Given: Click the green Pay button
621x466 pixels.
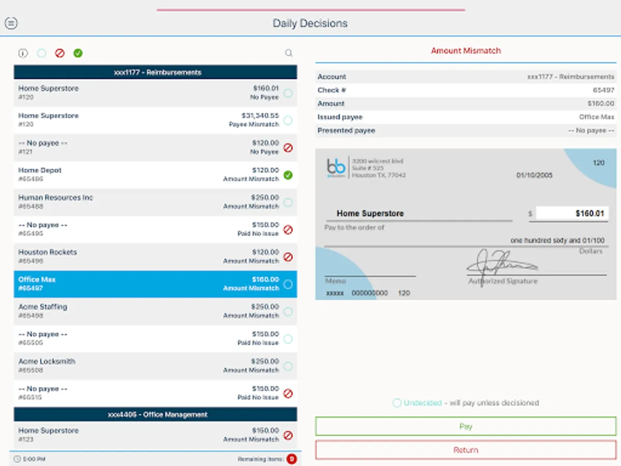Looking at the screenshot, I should pyautogui.click(x=465, y=427).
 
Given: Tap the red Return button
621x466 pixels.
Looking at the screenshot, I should pyautogui.click(x=465, y=450).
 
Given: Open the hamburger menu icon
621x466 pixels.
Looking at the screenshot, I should pyautogui.click(x=11, y=23).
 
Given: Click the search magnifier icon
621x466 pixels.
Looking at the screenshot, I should pyautogui.click(x=289, y=53).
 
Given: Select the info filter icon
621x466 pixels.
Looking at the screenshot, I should pyautogui.click(x=23, y=53).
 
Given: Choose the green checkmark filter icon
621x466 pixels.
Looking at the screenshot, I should pyautogui.click(x=78, y=53).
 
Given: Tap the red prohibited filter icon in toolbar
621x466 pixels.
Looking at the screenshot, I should pyautogui.click(x=60, y=53).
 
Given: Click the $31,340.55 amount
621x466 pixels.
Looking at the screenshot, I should pyautogui.click(x=260, y=115).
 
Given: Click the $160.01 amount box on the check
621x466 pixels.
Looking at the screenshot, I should pyautogui.click(x=572, y=213).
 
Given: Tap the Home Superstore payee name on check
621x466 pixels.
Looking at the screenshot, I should pyautogui.click(x=370, y=213).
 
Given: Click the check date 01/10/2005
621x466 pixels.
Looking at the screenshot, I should pyautogui.click(x=534, y=176).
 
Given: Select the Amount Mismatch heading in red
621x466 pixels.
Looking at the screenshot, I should pyautogui.click(x=466, y=51).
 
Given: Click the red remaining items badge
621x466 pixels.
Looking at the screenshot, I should pyautogui.click(x=291, y=459).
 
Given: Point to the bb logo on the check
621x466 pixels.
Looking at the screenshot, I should pyautogui.click(x=336, y=167).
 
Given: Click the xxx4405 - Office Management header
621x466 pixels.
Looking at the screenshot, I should pyautogui.click(x=155, y=414).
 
